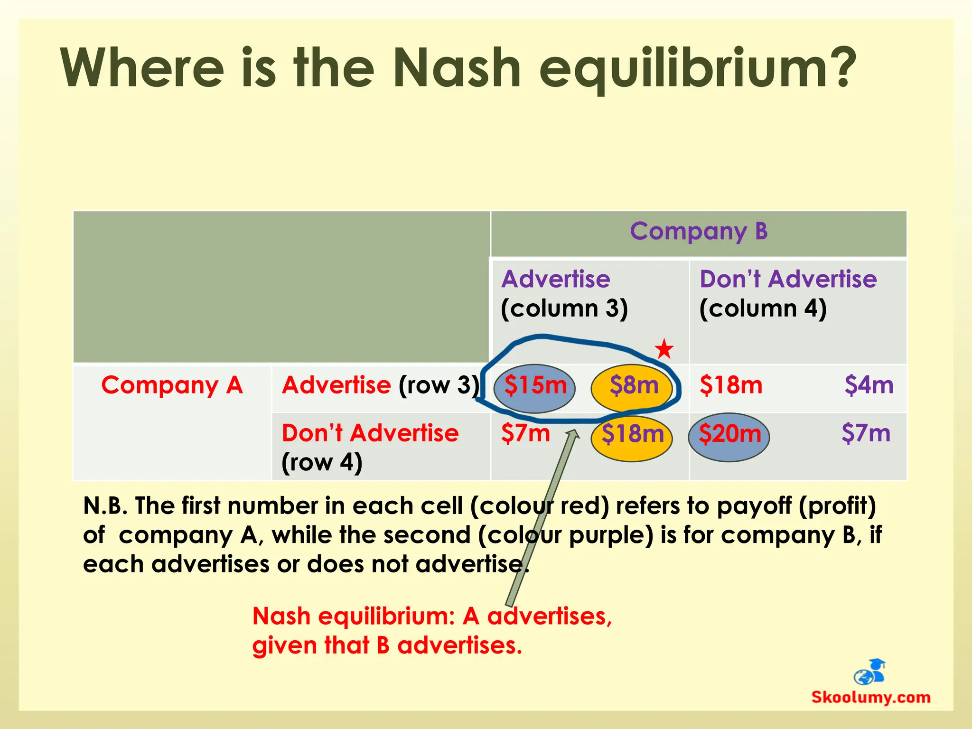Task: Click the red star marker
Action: coord(664,349)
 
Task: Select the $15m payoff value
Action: coord(535,385)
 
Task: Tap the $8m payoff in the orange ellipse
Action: coord(634,385)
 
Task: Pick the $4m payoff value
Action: coord(869,385)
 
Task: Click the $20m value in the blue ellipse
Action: coord(729,434)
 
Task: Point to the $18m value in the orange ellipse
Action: coord(632,434)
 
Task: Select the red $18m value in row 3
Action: coord(731,385)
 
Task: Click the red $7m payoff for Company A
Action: coord(525,433)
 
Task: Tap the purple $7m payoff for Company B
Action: coord(866,433)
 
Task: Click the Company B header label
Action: coord(699,232)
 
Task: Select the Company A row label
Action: coord(172,385)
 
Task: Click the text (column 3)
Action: coord(564,308)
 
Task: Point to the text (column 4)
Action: coord(763,308)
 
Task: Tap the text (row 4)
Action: coord(322,462)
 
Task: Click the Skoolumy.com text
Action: coord(870,697)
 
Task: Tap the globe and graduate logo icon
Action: coord(869,672)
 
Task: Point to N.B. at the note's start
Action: coord(105,506)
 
